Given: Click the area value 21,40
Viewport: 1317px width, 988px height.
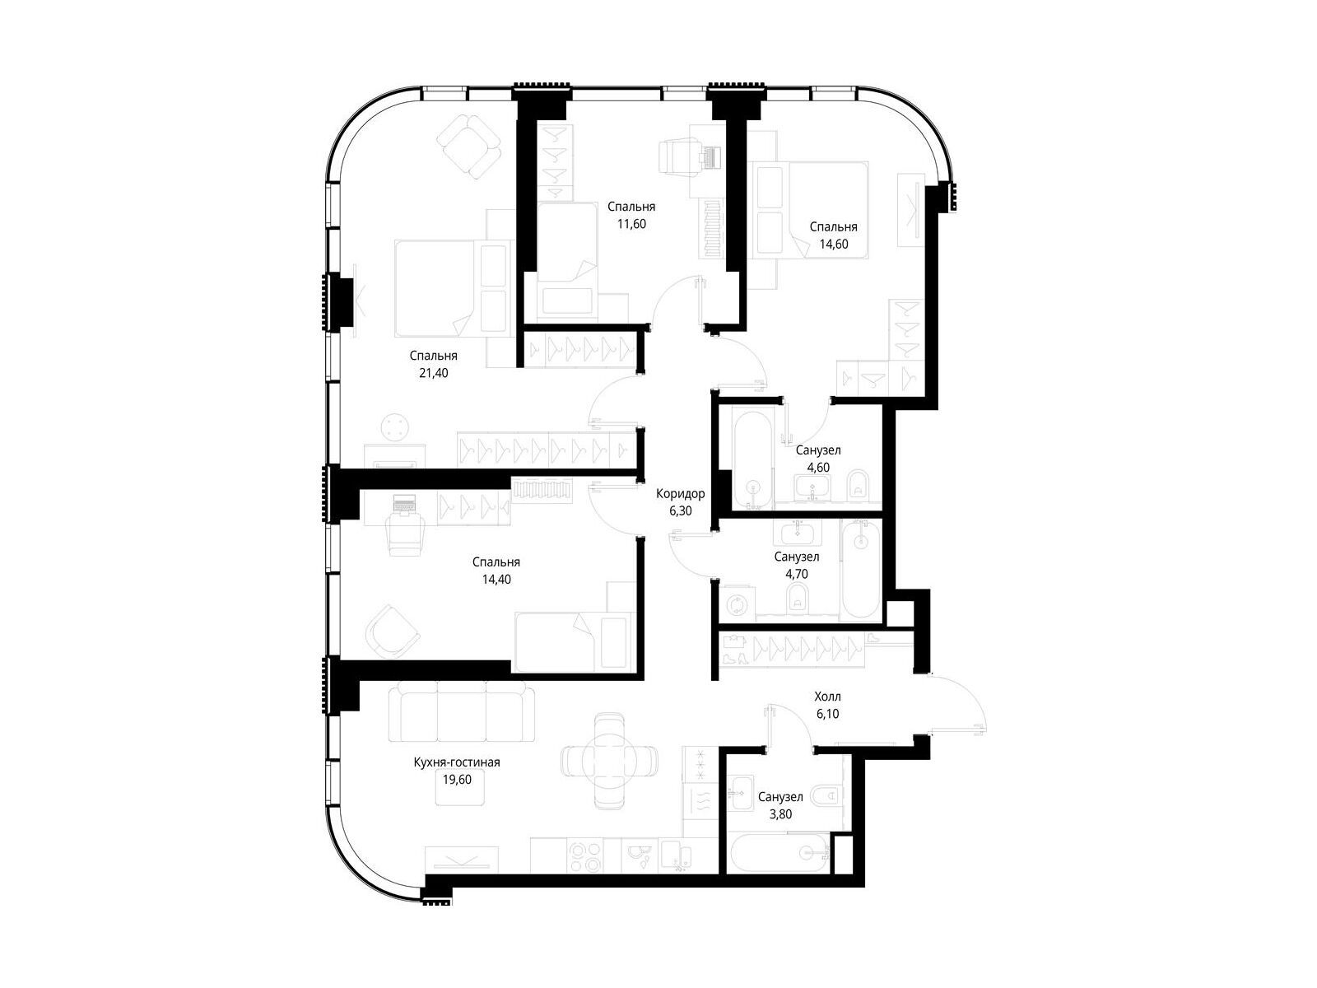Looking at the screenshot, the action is (x=433, y=372).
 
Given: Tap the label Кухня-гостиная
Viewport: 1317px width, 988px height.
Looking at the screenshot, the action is (x=457, y=762).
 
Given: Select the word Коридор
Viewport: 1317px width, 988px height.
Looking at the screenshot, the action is (x=680, y=494).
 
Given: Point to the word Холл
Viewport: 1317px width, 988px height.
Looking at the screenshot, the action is (x=827, y=697).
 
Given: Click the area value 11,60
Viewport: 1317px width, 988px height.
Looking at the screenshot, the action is (x=631, y=224).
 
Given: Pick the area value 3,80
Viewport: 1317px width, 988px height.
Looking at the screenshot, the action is (x=780, y=814).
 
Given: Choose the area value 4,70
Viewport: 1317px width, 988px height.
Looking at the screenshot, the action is (x=796, y=574).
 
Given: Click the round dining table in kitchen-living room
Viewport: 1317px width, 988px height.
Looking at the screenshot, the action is (x=608, y=762).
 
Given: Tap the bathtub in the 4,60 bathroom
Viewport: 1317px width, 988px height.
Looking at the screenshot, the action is (x=753, y=458).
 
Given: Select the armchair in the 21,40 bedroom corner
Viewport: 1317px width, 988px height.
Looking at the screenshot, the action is (x=468, y=147).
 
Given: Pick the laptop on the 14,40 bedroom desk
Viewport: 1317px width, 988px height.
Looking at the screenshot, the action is (x=405, y=504).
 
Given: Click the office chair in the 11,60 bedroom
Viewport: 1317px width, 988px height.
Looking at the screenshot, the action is (x=680, y=157).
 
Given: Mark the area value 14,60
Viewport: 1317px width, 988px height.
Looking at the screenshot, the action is (x=833, y=245).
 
